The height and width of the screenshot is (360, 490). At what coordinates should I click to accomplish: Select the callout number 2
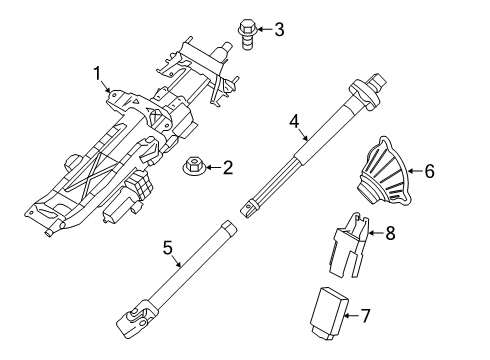227,168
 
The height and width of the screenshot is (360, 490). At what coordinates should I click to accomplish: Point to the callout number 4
293,122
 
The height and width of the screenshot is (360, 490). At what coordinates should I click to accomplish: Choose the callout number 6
430,171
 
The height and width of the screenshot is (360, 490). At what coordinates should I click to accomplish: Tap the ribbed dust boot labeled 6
389,177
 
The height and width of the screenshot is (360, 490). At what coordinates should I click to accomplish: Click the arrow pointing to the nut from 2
210,168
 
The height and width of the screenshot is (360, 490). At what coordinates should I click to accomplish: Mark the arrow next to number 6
414,171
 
